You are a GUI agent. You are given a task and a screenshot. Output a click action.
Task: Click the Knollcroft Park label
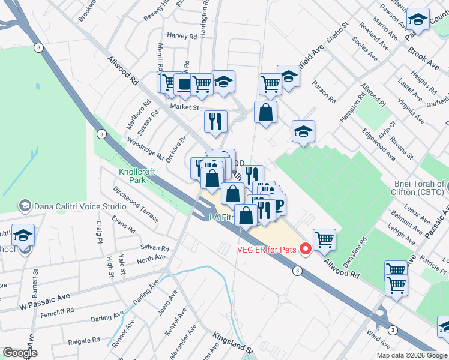pyautogui.click(x=137, y=176)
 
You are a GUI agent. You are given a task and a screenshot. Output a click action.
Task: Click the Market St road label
pyautogui.click(x=184, y=107)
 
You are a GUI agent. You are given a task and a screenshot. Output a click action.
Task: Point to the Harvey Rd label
pyautogui.click(x=182, y=36)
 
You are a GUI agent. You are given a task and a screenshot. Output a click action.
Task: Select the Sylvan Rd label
pyautogui.click(x=155, y=248)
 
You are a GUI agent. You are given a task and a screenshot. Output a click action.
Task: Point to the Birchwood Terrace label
pyautogui.click(x=136, y=204)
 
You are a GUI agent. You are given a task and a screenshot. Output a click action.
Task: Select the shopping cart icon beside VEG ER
pyautogui.click(x=324, y=239)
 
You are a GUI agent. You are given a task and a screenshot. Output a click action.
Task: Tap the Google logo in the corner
pyautogui.click(x=19, y=353)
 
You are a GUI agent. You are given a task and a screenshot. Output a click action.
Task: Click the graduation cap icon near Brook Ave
pyautogui.click(x=418, y=19)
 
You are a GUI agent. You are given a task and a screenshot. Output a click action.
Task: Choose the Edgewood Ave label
pyautogui.click(x=378, y=144)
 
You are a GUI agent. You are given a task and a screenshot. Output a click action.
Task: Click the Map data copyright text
pyautogui.click(x=412, y=355)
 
